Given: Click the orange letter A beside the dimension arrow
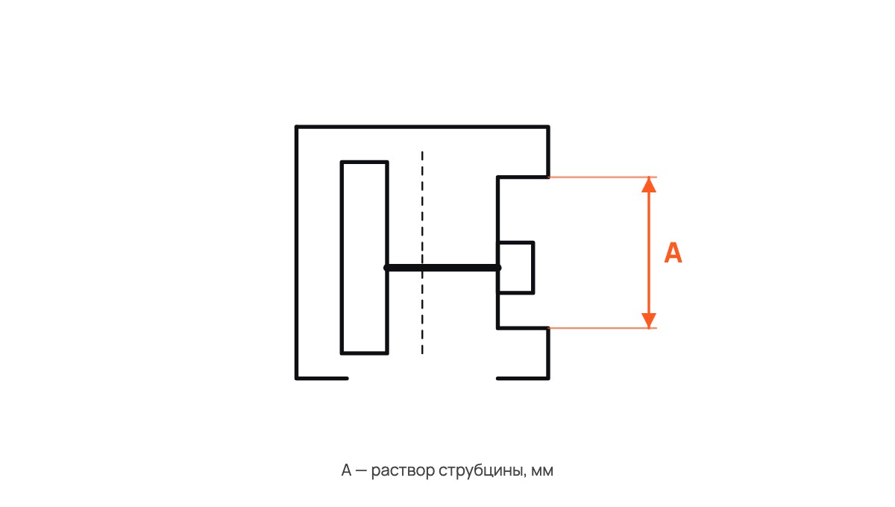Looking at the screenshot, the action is tap(673, 253).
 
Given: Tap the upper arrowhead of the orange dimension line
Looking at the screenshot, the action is tap(649, 185).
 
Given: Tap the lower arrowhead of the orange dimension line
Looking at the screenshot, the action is tap(649, 321).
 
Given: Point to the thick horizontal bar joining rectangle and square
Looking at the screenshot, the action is tap(442, 268).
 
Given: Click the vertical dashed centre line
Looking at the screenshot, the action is tap(422, 253).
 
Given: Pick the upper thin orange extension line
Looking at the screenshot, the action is tap(603, 177).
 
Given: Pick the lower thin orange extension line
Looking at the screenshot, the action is tap(603, 328).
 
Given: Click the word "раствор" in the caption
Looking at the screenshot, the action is tap(403, 471).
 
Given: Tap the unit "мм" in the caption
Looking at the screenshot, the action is tap(542, 471).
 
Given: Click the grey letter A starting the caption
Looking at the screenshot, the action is tap(346, 470).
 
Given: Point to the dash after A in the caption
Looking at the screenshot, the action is tap(361, 471).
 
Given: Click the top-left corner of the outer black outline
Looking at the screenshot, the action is tap(297, 127).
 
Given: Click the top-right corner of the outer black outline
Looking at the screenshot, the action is tap(548, 127).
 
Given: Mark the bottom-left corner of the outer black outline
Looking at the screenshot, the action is tap(297, 378).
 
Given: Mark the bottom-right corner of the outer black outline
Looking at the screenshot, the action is tap(548, 378).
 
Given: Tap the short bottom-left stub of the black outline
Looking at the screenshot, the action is tap(321, 378).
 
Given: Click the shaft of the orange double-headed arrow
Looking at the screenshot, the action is tap(649, 253).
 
